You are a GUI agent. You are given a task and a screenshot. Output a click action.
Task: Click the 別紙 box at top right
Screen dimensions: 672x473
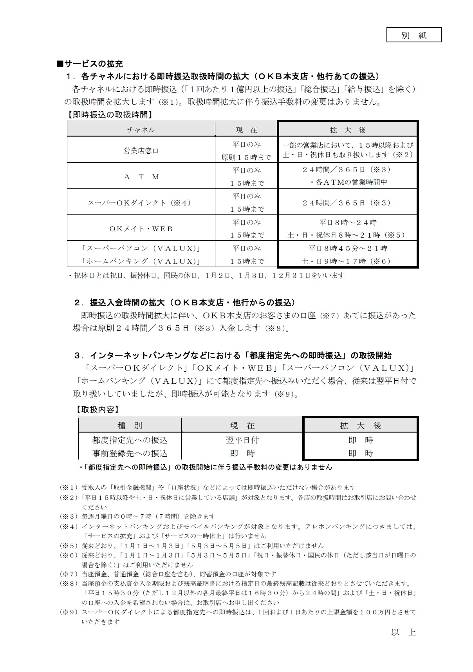point(413,35)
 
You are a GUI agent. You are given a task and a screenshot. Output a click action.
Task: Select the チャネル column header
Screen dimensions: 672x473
point(141,130)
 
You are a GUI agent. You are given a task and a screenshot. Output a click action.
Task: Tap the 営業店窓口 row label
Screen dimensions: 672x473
point(141,151)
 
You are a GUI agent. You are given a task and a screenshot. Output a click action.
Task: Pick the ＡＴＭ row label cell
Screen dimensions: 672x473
point(141,176)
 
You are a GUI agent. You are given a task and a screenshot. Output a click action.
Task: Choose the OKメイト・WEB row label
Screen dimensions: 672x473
point(141,229)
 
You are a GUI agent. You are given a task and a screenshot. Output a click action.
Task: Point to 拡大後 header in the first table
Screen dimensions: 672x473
point(348,130)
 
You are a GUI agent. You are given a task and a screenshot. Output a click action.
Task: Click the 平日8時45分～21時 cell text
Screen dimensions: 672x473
point(348,248)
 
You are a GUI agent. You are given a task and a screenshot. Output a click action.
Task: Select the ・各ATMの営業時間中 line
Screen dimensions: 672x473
point(348,182)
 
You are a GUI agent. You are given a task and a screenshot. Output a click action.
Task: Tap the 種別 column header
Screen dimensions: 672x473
point(130,425)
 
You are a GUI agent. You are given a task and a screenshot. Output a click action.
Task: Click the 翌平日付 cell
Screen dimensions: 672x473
point(242,440)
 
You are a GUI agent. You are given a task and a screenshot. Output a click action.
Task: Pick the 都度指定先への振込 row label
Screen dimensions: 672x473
point(130,440)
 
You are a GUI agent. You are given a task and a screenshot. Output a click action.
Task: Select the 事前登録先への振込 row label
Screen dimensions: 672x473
point(130,453)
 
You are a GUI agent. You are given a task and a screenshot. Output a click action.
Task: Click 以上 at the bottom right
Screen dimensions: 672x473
point(403,632)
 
